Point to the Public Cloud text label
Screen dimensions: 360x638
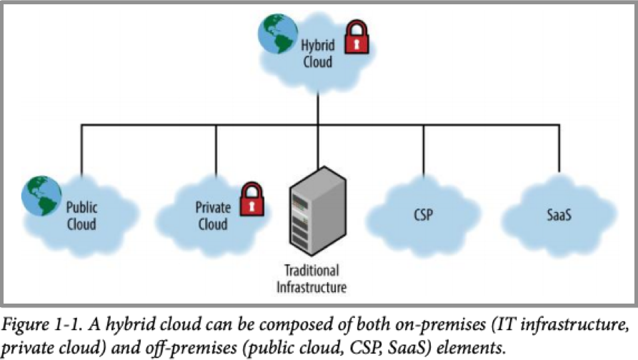point(81,215)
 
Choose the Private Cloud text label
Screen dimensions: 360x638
point(213,215)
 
